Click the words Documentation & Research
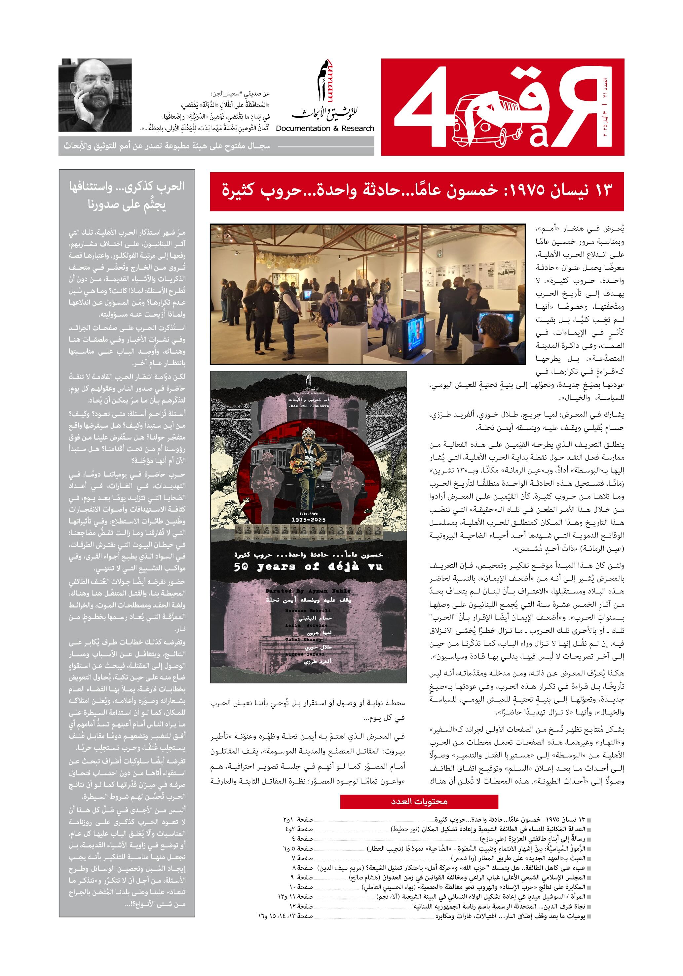pos(325,128)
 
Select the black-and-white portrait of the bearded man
pos(95,95)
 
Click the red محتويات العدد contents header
pos(419,802)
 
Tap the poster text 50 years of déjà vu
pos(308,566)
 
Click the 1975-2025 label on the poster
pos(308,520)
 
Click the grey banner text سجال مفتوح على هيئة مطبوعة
pos(167,146)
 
